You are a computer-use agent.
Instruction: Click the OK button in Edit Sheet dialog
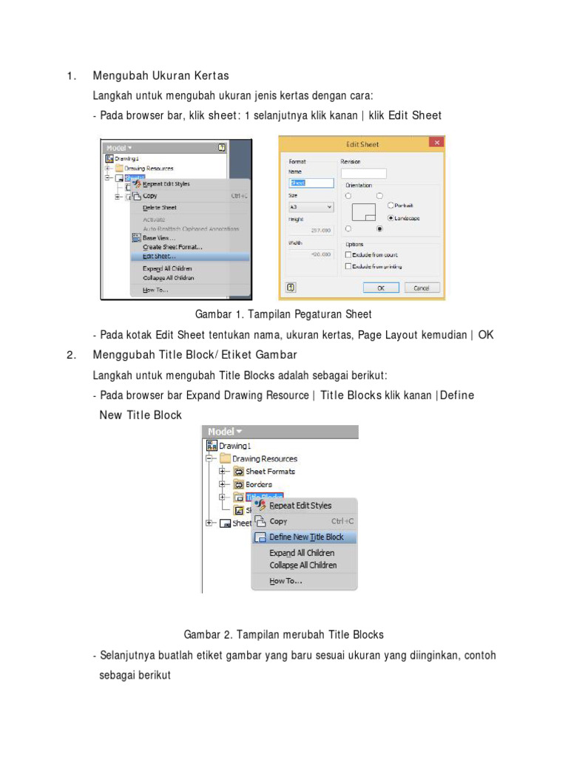click(x=381, y=288)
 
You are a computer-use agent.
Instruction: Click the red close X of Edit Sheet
click(x=436, y=143)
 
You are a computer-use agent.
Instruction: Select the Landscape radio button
click(x=389, y=218)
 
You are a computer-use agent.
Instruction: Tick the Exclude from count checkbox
click(x=348, y=254)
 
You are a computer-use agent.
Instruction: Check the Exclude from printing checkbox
click(x=348, y=266)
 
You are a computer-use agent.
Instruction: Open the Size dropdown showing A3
click(x=311, y=208)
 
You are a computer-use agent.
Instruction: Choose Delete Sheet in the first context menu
click(x=160, y=208)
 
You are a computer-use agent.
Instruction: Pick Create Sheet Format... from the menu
click(x=172, y=247)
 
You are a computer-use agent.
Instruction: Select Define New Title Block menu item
click(x=306, y=537)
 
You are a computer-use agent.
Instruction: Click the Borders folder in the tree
click(x=258, y=484)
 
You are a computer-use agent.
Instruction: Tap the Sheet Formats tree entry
click(x=270, y=472)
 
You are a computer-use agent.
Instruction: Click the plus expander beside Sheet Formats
click(x=222, y=472)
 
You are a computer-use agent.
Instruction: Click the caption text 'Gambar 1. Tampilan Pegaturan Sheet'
click(x=283, y=314)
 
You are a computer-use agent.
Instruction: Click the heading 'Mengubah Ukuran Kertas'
click(x=160, y=75)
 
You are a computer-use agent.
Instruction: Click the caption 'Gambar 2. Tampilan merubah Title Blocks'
click(x=283, y=634)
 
